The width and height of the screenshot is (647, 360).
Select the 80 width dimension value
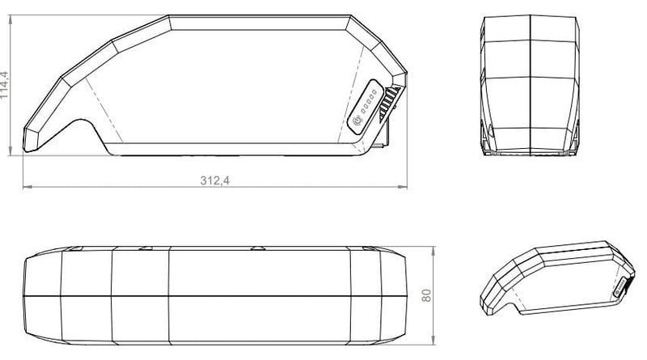tap(427, 295)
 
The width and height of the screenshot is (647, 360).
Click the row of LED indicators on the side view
tap(368, 103)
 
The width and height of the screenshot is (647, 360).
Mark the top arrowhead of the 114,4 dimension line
tap(12, 18)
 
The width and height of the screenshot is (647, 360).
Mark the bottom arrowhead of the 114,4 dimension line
tap(12, 153)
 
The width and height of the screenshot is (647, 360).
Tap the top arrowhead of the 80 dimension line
tap(436, 245)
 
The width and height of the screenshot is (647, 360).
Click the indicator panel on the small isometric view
tap(621, 287)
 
